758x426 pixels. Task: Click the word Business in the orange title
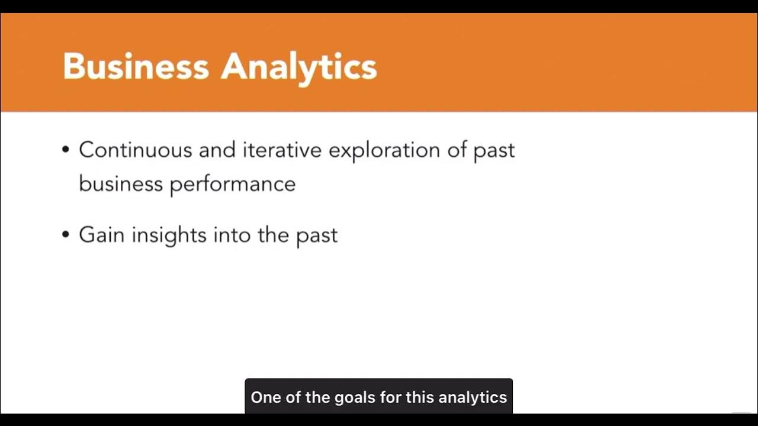coord(136,66)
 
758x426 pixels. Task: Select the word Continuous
coord(136,150)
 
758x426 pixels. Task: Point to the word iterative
coord(282,150)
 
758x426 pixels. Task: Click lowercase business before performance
coord(121,183)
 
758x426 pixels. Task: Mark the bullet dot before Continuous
coord(66,150)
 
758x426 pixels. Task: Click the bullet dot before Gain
coord(66,235)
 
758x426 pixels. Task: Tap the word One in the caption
coord(265,397)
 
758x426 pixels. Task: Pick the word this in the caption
coord(420,397)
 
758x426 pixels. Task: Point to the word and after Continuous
coord(217,150)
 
